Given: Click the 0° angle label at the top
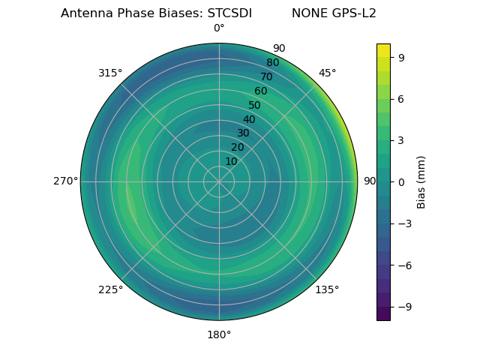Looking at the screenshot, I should coord(219,28).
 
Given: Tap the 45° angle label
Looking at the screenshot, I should coord(327,73).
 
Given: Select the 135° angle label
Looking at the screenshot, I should coord(327,289).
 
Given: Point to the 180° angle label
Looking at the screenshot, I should coord(219,334).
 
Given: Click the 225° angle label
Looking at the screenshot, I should coord(110,289).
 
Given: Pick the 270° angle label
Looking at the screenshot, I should coord(65,181).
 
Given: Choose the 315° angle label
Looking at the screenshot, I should coord(110,73).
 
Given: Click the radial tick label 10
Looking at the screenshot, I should coord(231,161).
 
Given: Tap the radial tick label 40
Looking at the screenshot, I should coord(249,119).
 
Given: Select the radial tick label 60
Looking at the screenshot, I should coord(261,91).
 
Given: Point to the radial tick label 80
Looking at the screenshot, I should coord(273,63).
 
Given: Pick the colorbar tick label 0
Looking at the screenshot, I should coord(402,182).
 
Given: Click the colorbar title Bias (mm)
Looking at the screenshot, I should coord(421,182).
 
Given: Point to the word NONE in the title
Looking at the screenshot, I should coord(308,13).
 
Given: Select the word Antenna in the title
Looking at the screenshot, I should coord(86,13).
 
